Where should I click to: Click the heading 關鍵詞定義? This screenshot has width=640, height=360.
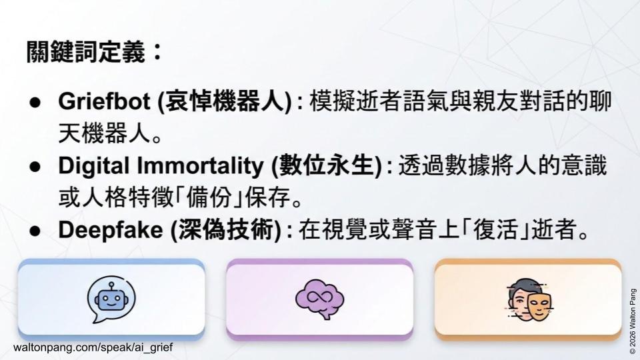click(x=85, y=52)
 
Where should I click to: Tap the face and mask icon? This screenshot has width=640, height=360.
click(x=529, y=299)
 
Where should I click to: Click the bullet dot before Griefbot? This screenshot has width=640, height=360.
click(x=35, y=103)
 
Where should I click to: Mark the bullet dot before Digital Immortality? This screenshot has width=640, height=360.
click(x=35, y=167)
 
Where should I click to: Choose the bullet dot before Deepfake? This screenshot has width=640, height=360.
click(x=35, y=231)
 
